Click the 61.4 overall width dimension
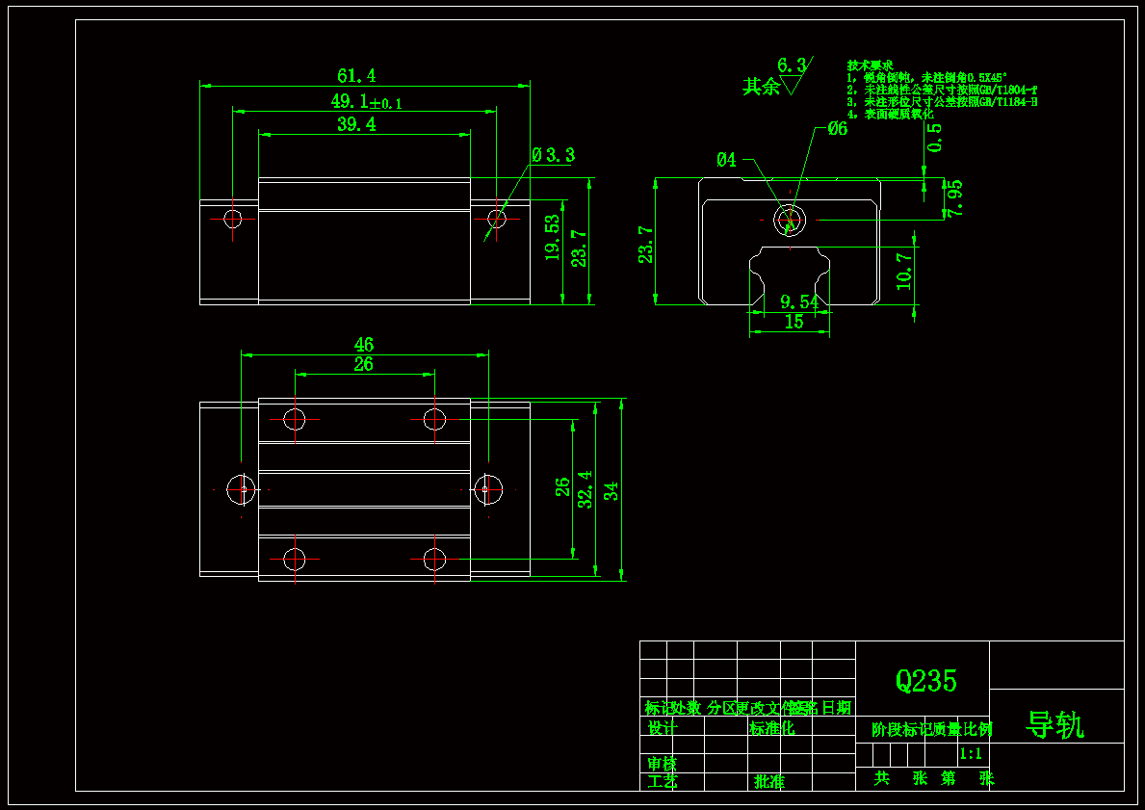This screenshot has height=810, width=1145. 355,75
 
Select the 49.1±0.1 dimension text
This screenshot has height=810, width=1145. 366,101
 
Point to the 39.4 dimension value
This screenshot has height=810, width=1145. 356,124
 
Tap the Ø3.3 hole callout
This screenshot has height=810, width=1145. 553,154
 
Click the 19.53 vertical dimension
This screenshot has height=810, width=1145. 553,237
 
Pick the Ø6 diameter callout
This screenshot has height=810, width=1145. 837,128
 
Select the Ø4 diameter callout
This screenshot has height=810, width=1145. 726,160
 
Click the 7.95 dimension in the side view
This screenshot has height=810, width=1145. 953,198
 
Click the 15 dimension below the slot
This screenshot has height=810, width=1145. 794,323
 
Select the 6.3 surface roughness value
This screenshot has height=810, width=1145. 791,65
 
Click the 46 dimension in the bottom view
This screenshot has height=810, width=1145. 363,344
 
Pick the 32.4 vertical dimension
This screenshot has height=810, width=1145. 586,489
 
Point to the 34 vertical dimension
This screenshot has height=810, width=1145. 612,490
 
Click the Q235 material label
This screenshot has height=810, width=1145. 926,681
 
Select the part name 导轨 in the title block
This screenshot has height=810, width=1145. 1055,725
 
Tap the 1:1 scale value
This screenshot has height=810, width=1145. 971,754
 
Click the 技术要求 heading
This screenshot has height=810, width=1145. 871,65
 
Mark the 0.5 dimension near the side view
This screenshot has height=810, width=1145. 935,138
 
